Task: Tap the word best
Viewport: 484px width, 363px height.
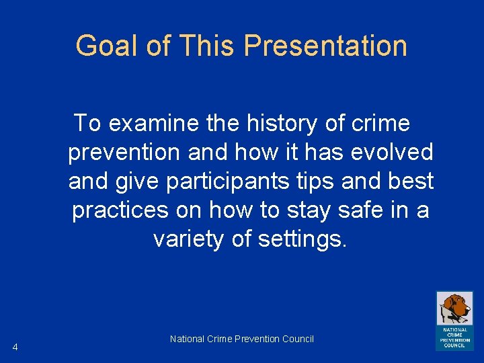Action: [x=410, y=182]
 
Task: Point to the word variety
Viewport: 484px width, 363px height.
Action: [x=188, y=239]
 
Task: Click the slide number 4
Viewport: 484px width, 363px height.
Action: [x=15, y=347]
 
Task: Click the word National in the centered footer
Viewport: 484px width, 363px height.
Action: [x=186, y=339]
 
